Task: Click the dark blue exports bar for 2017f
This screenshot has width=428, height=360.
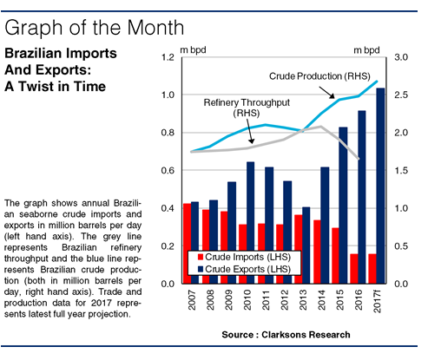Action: pos(380,186)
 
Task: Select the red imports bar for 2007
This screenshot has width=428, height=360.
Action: pos(187,244)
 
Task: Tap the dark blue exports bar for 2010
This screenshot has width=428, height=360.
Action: pos(250,223)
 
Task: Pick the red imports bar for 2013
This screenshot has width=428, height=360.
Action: pos(299,249)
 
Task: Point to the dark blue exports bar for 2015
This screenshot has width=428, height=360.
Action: pos(343,206)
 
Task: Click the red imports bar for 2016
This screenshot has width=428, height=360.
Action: pos(354,269)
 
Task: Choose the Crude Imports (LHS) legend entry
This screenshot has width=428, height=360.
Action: pos(245,257)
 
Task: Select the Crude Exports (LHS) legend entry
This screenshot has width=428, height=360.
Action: pos(245,269)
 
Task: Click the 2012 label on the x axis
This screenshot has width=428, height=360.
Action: pos(285,300)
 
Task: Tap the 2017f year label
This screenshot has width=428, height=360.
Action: pos(377,301)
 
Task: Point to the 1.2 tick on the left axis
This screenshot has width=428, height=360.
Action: pos(168,57)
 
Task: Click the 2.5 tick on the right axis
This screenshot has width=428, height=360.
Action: pos(401,95)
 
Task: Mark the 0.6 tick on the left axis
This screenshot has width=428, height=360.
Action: pos(168,170)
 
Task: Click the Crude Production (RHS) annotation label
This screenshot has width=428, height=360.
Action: pos(319,76)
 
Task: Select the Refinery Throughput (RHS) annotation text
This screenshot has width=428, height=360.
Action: pos(247,108)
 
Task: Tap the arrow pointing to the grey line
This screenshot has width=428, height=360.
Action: pos(250,131)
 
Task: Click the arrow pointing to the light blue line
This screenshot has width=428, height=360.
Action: pos(327,92)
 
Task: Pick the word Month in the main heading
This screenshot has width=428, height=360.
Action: pos(155,28)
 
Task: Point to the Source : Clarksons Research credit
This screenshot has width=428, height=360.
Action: pos(286,335)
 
